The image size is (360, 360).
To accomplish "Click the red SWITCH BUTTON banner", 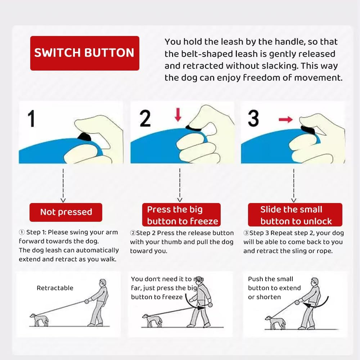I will pyautogui.click(x=84, y=53).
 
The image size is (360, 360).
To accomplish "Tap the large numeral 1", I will pyautogui.click(x=32, y=118).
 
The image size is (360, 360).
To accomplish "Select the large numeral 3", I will pyautogui.click(x=253, y=118).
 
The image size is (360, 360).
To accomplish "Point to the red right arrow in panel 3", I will pyautogui.click(x=285, y=119).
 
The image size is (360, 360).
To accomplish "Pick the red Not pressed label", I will pyautogui.click(x=66, y=212).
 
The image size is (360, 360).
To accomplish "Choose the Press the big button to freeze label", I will pyautogui.click(x=183, y=215).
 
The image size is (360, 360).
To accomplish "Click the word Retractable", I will pyautogui.click(x=55, y=288).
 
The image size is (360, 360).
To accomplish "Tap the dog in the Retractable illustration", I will pyautogui.click(x=40, y=319).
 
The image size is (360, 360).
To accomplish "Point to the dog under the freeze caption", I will pyautogui.click(x=151, y=320).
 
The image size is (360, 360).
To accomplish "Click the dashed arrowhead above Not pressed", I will pyautogui.click(x=63, y=200).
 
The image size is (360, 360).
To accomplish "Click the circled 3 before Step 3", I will pyautogui.click(x=246, y=233).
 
